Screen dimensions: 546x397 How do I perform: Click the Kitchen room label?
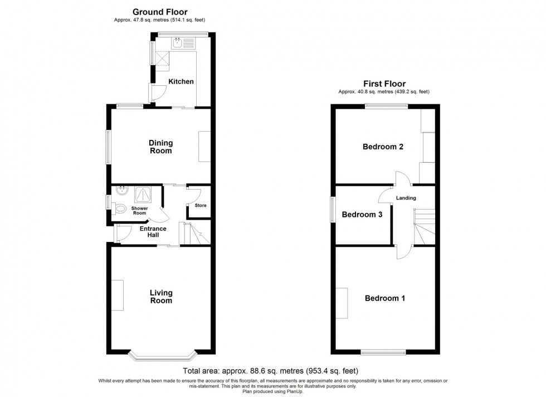(181, 81)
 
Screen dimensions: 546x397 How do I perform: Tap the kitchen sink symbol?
(184, 43)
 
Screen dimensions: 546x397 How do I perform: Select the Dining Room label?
(160, 147)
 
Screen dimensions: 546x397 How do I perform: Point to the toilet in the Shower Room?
(120, 209)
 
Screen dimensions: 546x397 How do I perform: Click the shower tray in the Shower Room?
(143, 195)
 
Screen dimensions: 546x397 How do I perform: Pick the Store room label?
(201, 205)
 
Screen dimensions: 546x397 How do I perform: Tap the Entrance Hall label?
(153, 232)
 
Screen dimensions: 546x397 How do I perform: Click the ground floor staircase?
(194, 233)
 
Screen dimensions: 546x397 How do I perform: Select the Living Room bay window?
(162, 356)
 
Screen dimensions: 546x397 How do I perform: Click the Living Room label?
(161, 297)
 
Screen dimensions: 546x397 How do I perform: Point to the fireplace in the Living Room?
(118, 295)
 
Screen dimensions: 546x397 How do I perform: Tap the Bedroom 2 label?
(383, 147)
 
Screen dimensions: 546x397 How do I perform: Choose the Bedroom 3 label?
(362, 214)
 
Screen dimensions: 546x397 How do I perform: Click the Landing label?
(406, 198)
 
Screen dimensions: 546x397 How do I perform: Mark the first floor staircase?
(424, 226)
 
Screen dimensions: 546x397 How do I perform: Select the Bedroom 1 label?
(385, 298)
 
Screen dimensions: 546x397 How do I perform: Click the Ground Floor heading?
(160, 12)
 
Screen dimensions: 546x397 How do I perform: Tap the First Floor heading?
(384, 84)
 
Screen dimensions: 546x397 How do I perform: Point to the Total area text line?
(271, 371)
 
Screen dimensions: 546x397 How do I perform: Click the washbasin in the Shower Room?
(122, 191)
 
